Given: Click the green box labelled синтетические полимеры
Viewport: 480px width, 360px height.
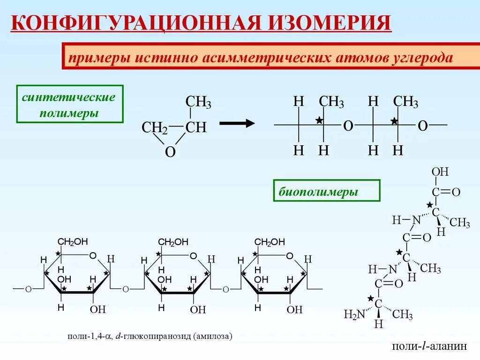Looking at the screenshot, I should [x=69, y=104].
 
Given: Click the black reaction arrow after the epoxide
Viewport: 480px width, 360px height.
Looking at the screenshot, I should [x=237, y=123].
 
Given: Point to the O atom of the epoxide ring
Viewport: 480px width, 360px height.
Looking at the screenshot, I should [x=171, y=152].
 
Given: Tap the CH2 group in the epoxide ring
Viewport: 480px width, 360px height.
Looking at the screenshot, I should [x=155, y=127].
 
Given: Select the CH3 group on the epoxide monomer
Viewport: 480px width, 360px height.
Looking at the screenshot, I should [x=198, y=102].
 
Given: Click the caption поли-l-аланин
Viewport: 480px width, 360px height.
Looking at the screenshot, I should [x=429, y=346].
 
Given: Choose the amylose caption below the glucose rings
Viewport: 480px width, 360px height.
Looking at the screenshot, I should [x=150, y=337].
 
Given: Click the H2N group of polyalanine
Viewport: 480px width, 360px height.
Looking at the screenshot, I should [x=354, y=315].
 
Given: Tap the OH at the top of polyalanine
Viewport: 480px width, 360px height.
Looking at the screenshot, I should [x=440, y=172].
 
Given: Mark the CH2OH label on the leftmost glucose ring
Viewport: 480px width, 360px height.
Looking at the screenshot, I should [x=73, y=242].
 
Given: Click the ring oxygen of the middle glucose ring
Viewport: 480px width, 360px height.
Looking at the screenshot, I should [x=193, y=256].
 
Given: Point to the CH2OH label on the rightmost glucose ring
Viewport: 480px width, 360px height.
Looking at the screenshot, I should [x=270, y=242].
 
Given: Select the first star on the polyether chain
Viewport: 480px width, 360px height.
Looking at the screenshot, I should [x=319, y=120].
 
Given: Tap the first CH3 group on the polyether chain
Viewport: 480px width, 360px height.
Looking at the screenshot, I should [x=331, y=102].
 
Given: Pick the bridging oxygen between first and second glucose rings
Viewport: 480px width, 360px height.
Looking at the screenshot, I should [x=126, y=289].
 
